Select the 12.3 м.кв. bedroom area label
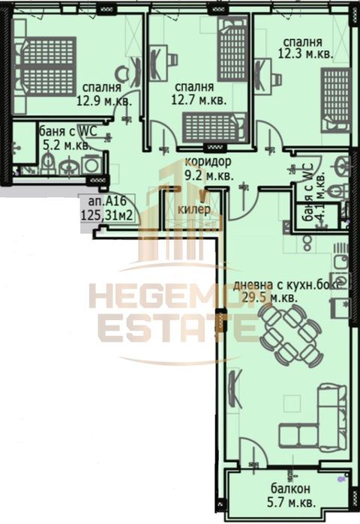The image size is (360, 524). [x=303, y=55]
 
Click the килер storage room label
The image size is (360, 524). [x=193, y=209]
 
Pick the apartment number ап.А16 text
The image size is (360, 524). [x=105, y=202]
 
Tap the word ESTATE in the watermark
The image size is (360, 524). [x=169, y=328]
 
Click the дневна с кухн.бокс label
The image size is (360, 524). [x=288, y=284]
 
